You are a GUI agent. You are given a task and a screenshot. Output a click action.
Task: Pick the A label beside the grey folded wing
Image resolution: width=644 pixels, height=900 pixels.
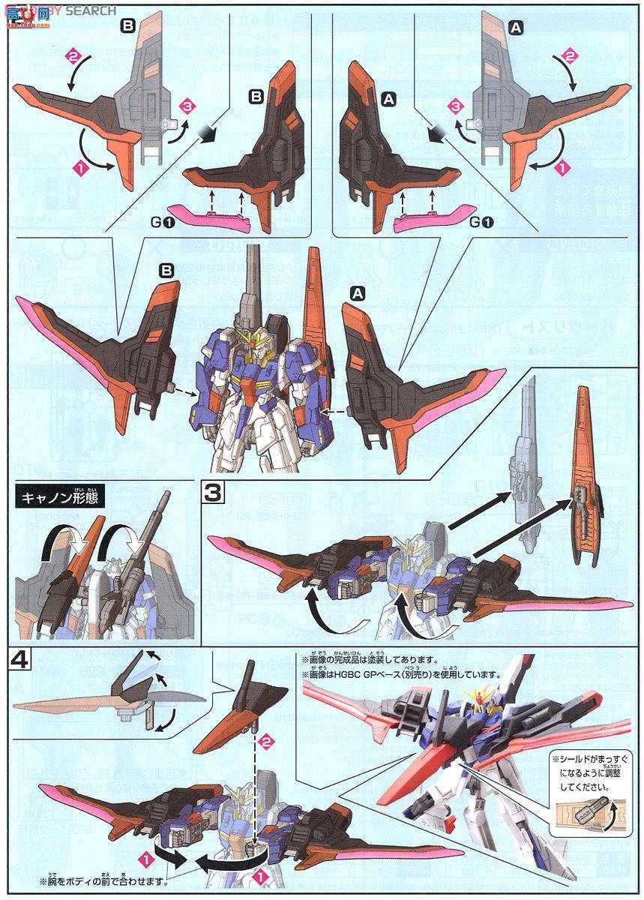[515, 27]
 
